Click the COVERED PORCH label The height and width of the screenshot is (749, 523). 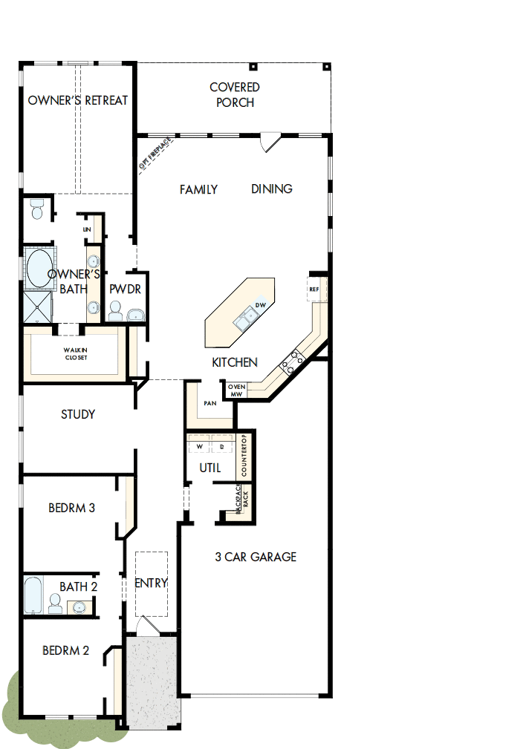(x=235, y=95)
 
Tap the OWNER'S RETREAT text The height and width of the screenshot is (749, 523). (x=78, y=100)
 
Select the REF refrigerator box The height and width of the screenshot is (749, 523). (x=314, y=290)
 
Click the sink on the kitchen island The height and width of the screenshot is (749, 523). (x=246, y=319)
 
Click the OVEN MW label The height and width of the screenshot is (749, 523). (x=236, y=390)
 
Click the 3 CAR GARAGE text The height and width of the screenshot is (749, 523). (x=256, y=557)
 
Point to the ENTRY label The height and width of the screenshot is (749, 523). (x=152, y=583)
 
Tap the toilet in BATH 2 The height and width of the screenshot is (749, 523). (x=56, y=604)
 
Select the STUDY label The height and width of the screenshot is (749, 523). (x=78, y=414)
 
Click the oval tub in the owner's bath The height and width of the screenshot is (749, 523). (x=37, y=268)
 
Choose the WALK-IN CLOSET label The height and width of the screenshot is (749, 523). (x=76, y=353)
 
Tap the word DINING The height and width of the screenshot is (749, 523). (x=271, y=189)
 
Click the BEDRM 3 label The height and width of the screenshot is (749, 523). (x=71, y=508)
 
